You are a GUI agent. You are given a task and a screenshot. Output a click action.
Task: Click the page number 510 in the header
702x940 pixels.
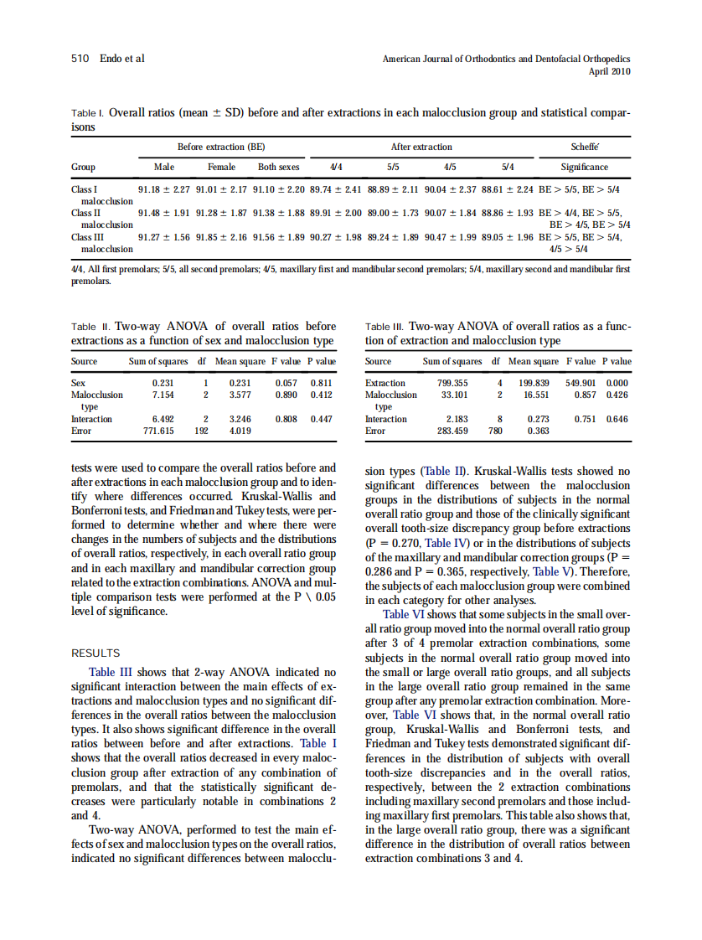coord(80,59)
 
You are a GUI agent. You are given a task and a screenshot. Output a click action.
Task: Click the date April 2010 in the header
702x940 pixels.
coord(610,72)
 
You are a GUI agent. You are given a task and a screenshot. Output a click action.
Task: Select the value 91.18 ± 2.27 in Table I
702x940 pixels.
coord(164,189)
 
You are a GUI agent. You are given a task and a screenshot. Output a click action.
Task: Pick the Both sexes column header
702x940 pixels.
coord(278,167)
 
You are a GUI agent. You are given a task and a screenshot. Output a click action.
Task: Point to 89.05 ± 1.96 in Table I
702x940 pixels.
coord(508,237)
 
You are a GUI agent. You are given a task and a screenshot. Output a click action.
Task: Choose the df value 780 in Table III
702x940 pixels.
coord(494,431)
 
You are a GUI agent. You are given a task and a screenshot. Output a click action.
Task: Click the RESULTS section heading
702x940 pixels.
coord(95,653)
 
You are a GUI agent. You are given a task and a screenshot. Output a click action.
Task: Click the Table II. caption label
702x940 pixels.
coord(90,327)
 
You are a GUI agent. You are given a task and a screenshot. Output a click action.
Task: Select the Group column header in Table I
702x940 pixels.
coord(83,167)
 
